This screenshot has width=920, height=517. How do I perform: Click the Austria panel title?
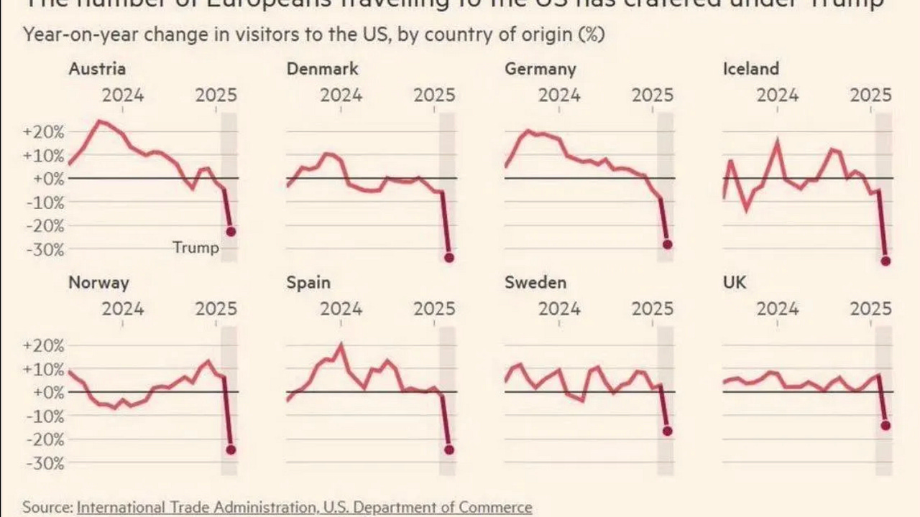coord(97,69)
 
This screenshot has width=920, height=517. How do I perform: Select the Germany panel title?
coord(540,69)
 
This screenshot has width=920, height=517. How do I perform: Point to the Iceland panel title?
coord(750,69)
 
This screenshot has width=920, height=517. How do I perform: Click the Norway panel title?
coord(98,283)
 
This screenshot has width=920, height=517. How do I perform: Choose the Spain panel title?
coord(308,283)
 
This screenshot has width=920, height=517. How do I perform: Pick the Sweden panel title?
coord(535,283)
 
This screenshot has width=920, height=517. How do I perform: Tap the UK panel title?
coord(735,283)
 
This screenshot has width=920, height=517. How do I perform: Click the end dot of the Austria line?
coord(231,231)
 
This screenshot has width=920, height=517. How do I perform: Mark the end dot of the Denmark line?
coord(449,257)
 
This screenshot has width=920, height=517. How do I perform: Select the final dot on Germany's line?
coord(667,244)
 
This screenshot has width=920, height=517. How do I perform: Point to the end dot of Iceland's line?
coord(885,261)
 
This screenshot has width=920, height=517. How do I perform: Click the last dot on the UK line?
coord(885,425)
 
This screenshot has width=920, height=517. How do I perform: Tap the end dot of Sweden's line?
coord(667,431)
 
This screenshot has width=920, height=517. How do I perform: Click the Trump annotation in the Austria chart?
coord(195,248)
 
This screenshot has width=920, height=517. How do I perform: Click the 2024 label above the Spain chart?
coord(341,309)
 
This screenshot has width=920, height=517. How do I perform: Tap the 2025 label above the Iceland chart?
coord(870,96)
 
